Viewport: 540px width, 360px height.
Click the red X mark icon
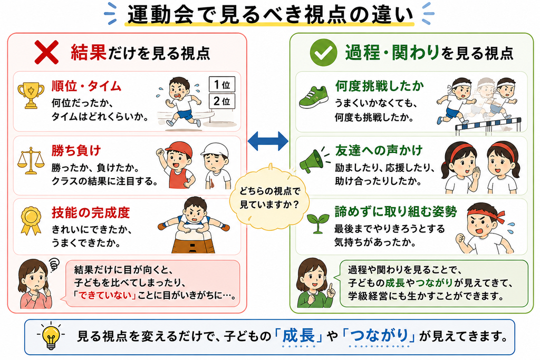click(46, 52)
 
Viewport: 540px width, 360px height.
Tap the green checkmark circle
click(323, 52)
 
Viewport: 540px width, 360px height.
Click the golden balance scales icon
click(31, 160)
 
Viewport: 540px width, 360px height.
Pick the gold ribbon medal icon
click(31, 221)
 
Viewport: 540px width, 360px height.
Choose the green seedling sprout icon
click(317, 223)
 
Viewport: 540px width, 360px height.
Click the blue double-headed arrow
click(268, 141)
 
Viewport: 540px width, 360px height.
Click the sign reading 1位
click(222, 84)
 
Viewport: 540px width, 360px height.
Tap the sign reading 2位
click(222, 101)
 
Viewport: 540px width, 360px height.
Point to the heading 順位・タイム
click(86, 86)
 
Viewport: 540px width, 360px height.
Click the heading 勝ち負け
click(76, 151)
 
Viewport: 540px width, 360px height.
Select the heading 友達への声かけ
click(379, 150)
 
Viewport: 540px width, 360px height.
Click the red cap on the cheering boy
click(179, 148)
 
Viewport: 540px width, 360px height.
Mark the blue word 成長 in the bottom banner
click(298, 336)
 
